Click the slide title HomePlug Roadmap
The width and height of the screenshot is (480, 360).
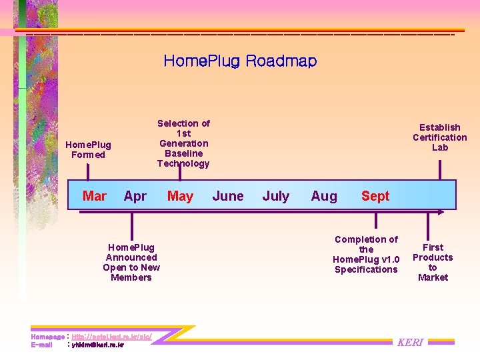point(240,61)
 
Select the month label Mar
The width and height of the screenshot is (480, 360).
point(94,196)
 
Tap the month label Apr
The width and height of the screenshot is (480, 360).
point(135,196)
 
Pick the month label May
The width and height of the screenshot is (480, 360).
point(180,196)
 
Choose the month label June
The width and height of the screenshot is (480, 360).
point(228,196)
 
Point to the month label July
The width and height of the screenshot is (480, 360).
point(276,196)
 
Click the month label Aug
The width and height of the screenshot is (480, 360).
point(324,196)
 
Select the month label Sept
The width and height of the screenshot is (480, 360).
point(375,196)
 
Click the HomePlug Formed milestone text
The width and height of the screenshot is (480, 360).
point(88,149)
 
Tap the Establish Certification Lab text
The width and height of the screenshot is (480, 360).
point(440,137)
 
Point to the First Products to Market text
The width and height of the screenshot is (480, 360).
point(433,262)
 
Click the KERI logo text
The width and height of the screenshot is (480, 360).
point(410,343)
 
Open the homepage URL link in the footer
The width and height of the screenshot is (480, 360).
point(111,337)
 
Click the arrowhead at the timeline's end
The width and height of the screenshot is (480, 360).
point(442,211)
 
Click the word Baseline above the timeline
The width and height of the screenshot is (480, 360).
point(183,153)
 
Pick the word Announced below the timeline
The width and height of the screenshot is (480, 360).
point(131,257)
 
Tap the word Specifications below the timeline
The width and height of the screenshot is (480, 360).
point(366,269)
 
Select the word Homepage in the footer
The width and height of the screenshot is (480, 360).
point(47,337)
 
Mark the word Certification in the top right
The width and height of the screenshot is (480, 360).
point(440,137)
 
